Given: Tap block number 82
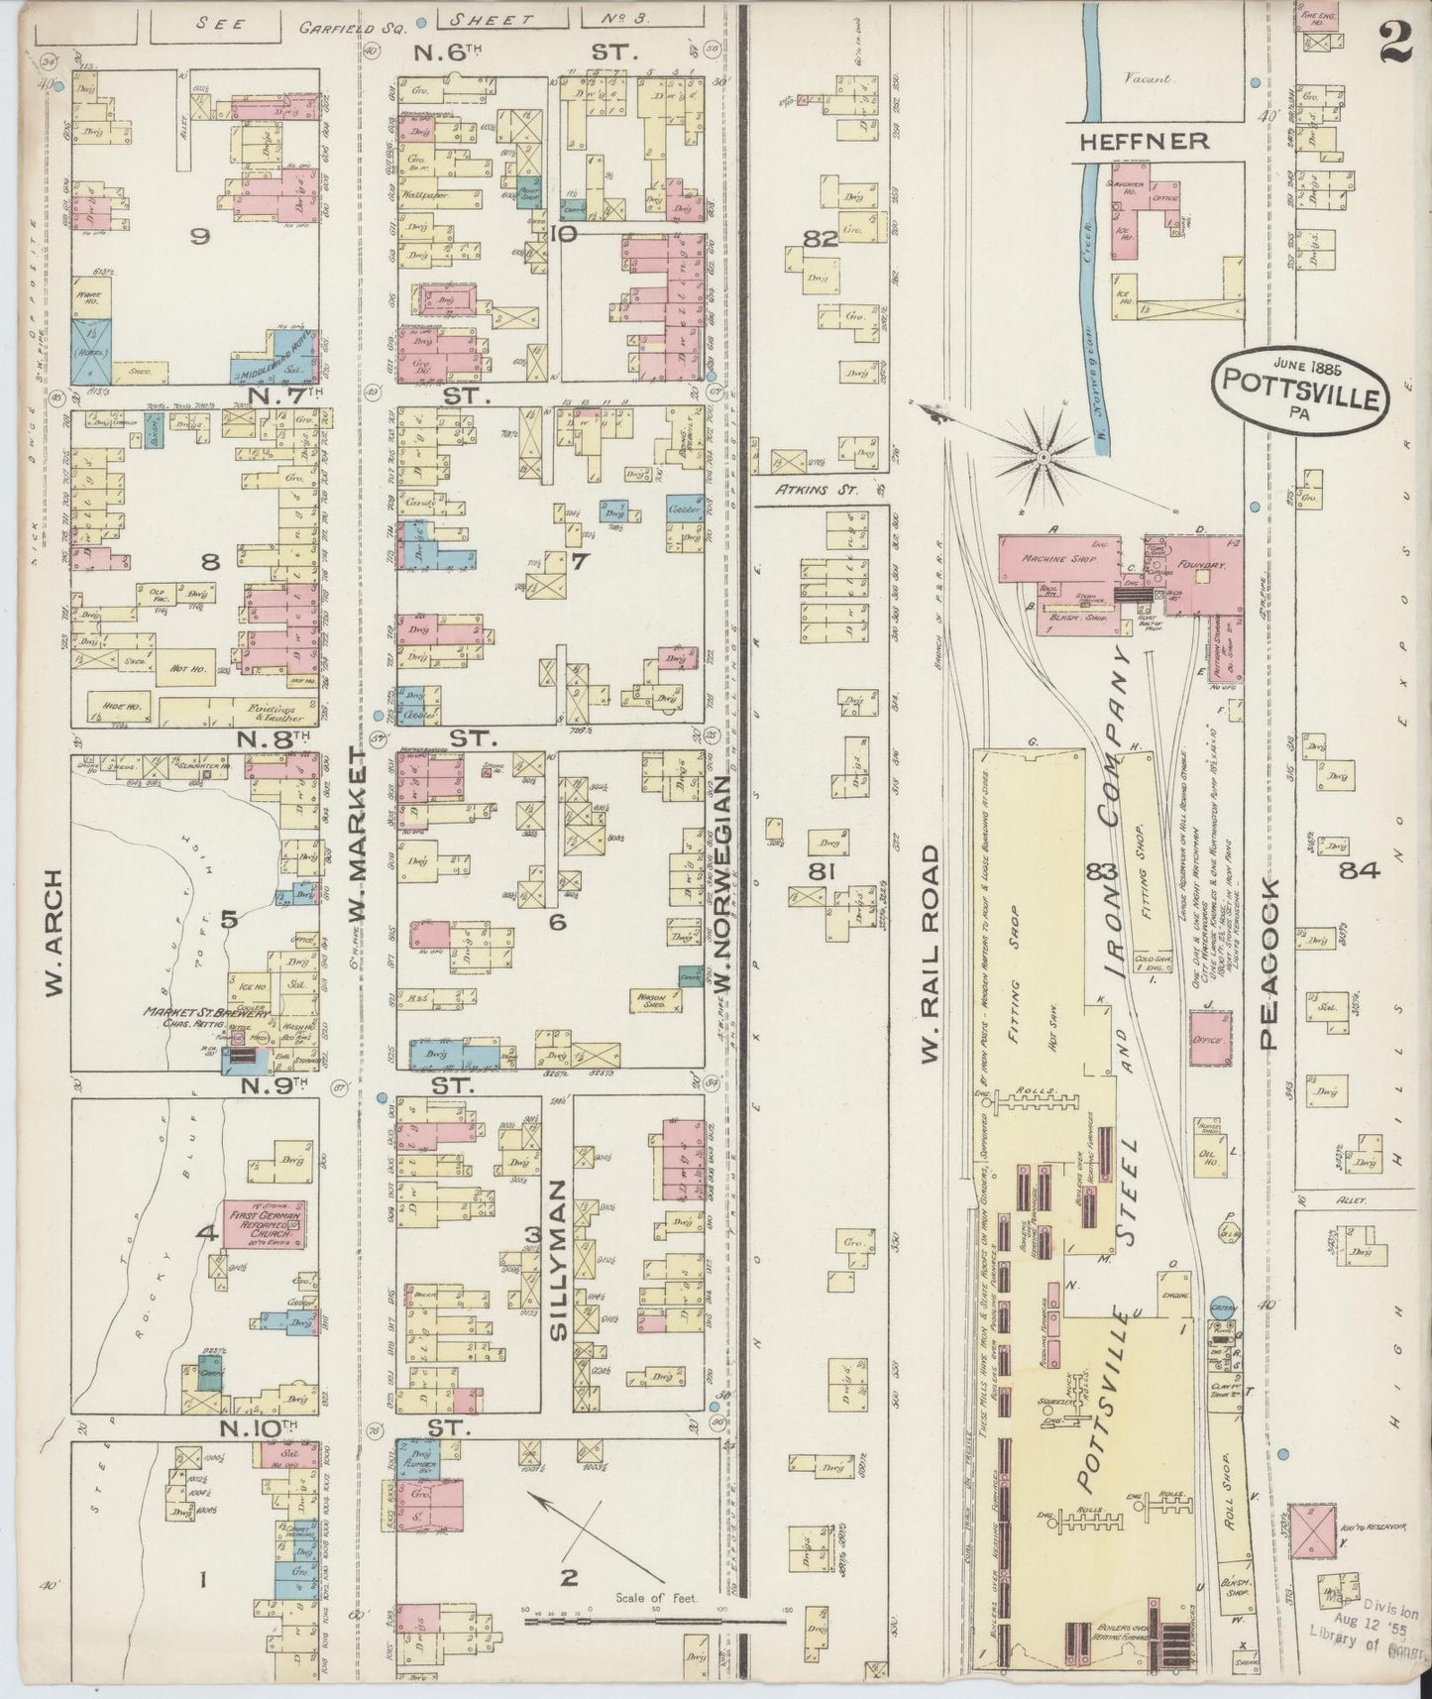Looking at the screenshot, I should (x=821, y=239).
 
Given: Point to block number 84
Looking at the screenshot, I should (x=1358, y=870).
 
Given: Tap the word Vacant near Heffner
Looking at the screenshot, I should (x=1148, y=78).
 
